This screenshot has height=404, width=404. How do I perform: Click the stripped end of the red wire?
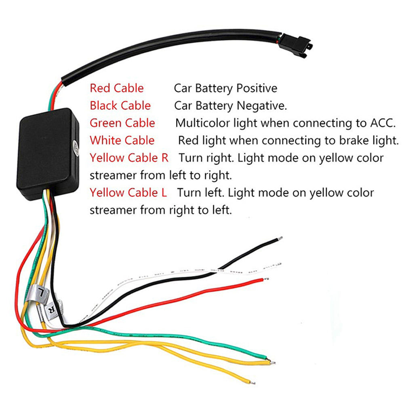click(x=265, y=279)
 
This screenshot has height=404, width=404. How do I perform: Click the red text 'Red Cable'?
click(x=116, y=88)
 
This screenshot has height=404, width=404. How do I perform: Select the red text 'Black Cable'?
click(x=120, y=106)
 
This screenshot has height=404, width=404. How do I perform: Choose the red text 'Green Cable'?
click(x=122, y=123)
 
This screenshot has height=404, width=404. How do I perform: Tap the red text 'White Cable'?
click(x=122, y=140)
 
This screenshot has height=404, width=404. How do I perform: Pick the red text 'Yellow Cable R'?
click(x=129, y=158)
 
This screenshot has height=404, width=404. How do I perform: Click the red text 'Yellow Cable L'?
click(x=128, y=192)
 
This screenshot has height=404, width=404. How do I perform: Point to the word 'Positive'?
click(x=257, y=88)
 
